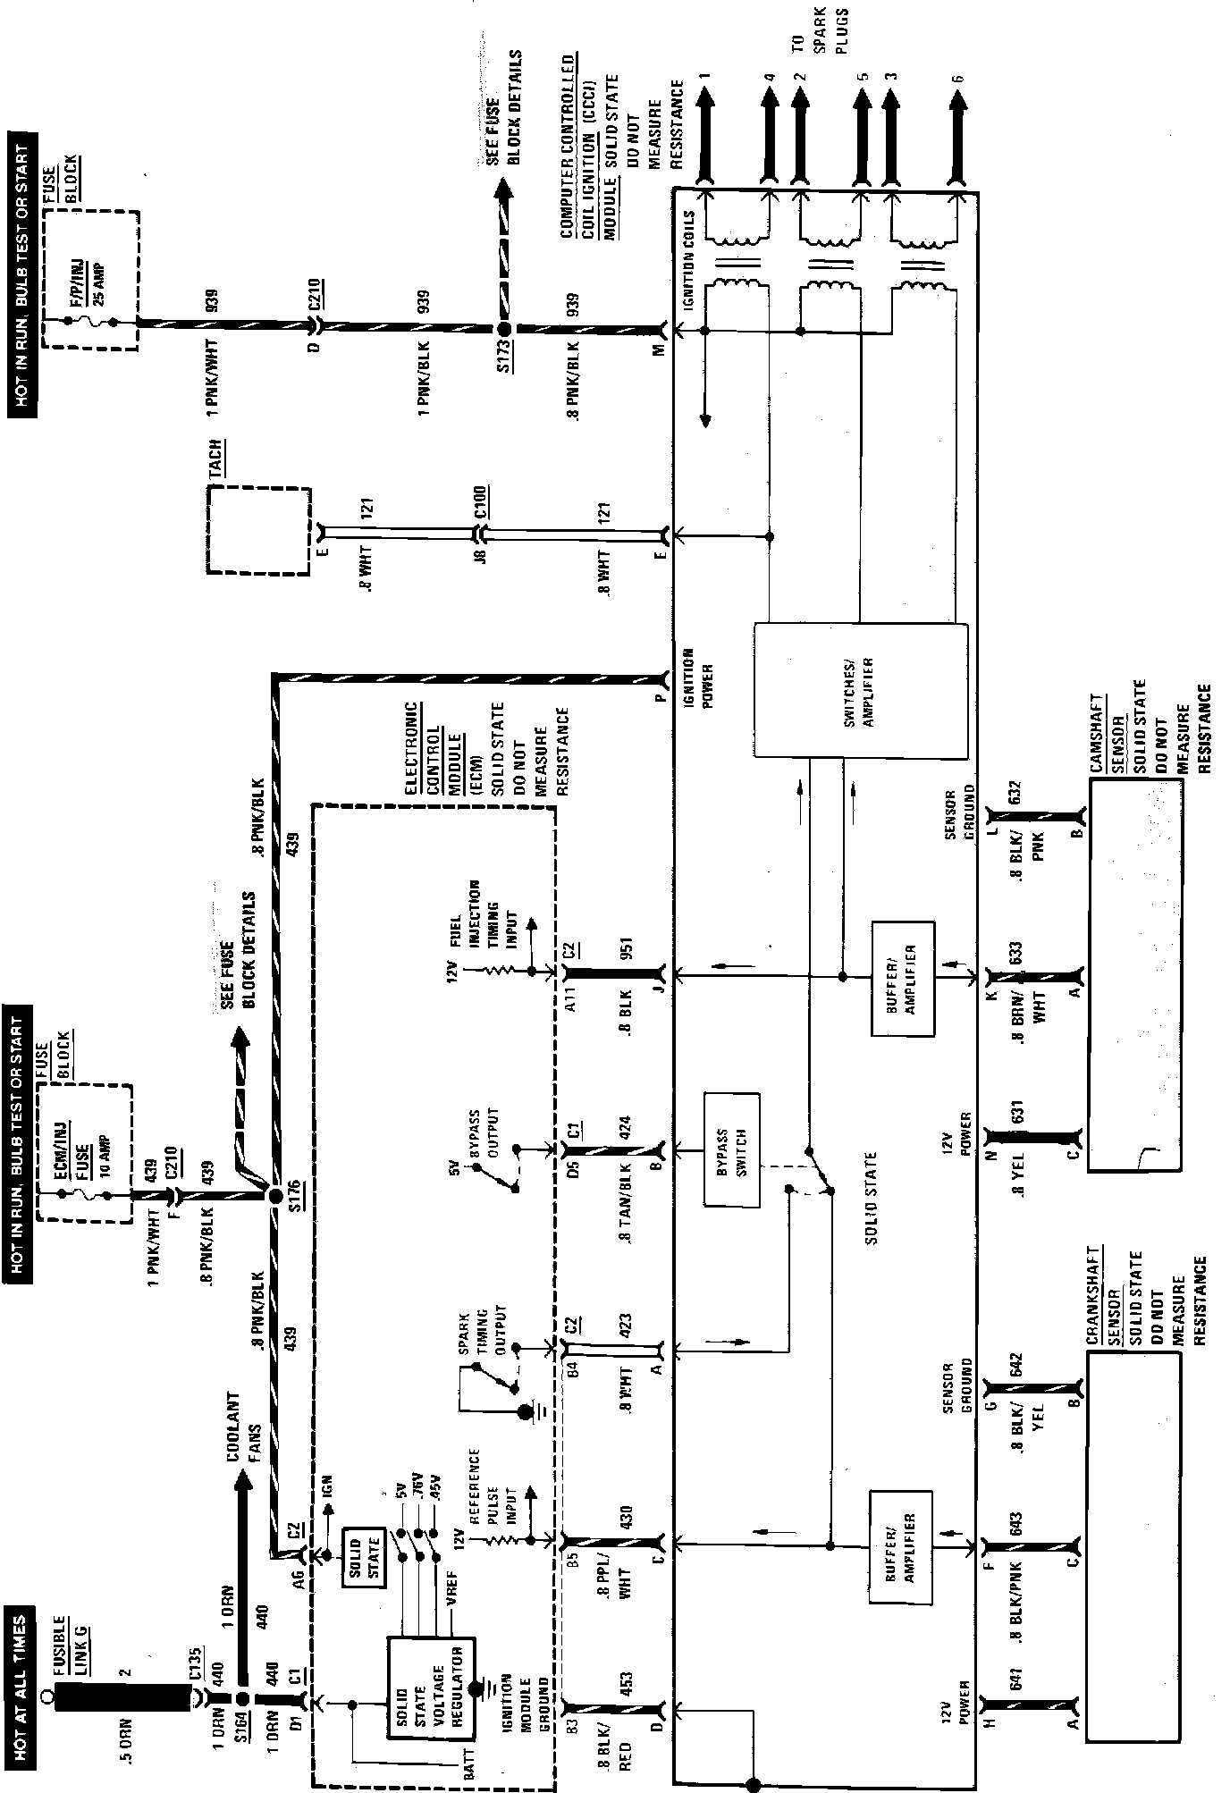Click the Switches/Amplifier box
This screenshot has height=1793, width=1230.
coord(861,691)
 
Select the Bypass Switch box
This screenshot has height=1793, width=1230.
coord(731,1149)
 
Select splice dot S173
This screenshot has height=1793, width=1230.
coord(503,330)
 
